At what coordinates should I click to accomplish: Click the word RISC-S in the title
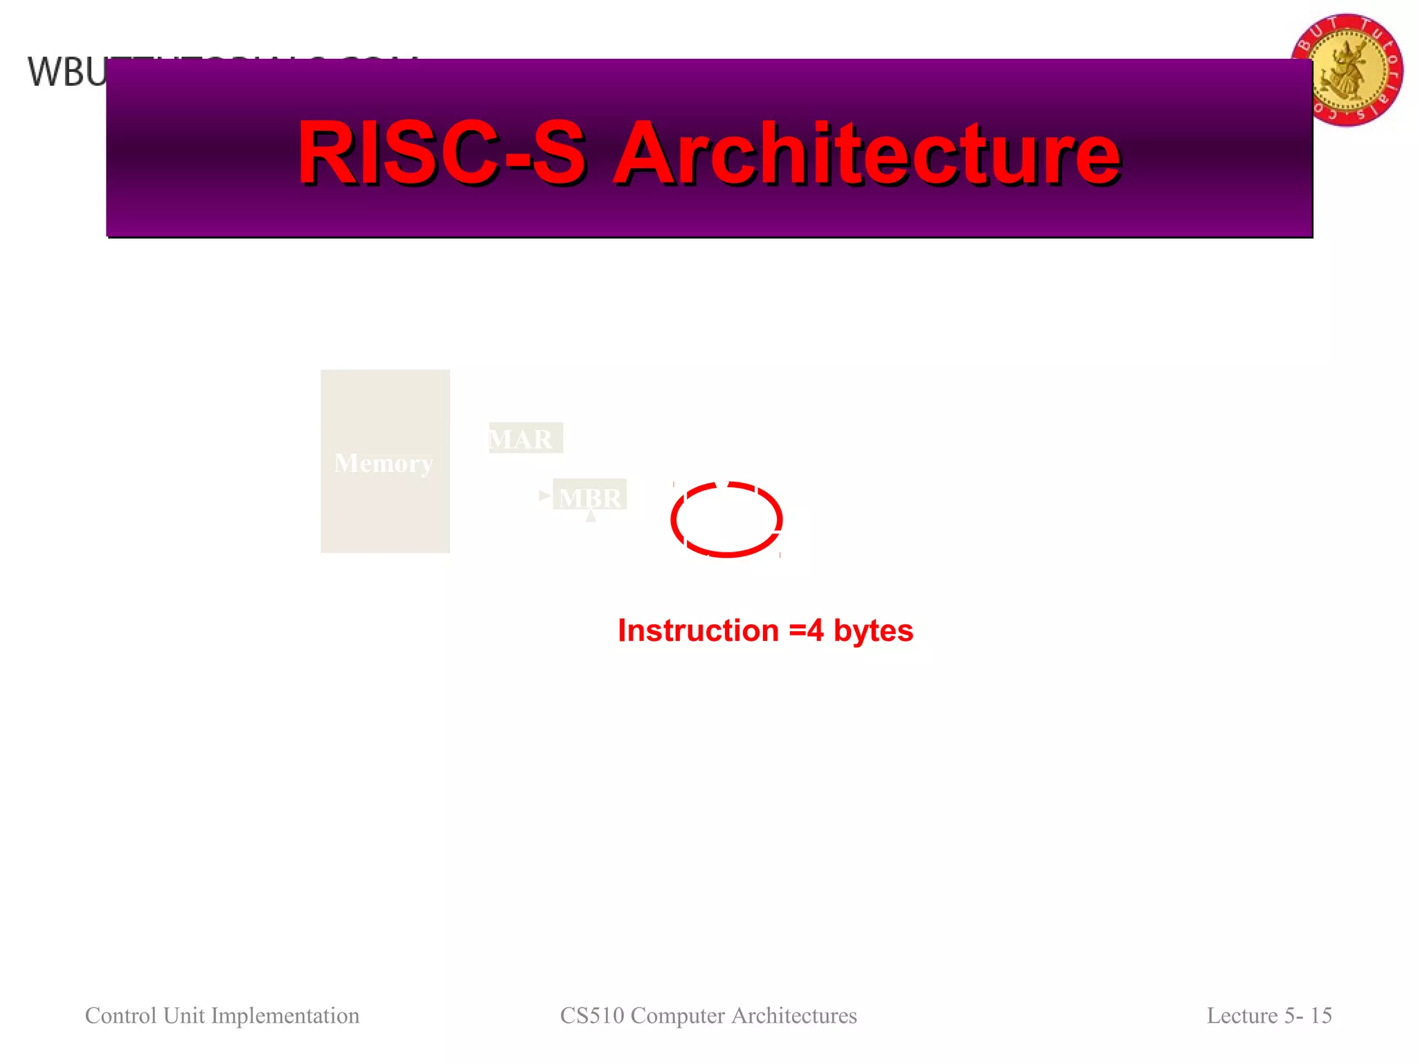[x=441, y=154]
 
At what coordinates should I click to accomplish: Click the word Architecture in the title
[x=867, y=154]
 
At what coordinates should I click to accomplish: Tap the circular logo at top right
[x=1347, y=69]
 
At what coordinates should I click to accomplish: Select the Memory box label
[x=384, y=463]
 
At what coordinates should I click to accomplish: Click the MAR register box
[x=525, y=439]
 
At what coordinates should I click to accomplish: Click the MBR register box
[x=590, y=496]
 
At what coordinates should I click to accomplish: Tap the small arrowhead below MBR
[x=591, y=516]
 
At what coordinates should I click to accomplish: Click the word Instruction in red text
[x=698, y=630]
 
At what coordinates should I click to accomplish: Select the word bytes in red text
[x=873, y=630]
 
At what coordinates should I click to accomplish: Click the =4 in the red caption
[x=806, y=630]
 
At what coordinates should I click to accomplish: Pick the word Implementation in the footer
[x=285, y=1015]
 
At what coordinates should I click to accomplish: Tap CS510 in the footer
[x=591, y=1015]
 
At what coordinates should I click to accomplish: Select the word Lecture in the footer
[x=1242, y=1015]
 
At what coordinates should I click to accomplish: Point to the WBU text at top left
[x=66, y=73]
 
